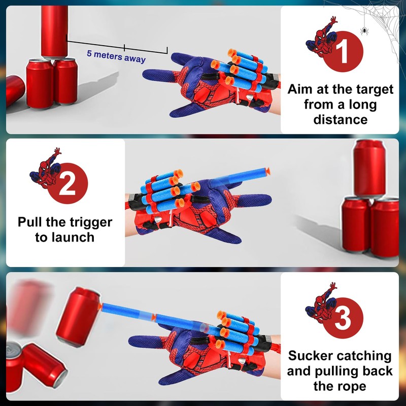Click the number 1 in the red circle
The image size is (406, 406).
click(345, 52)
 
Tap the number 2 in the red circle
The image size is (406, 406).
click(69, 185)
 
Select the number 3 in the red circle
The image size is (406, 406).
click(345, 320)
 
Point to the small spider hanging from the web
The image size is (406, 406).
click(364, 31)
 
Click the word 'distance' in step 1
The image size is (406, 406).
click(340, 120)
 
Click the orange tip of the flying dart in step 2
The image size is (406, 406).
click(267, 171)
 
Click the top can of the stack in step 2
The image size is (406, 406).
click(370, 168)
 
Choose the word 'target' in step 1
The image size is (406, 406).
click(369, 90)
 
